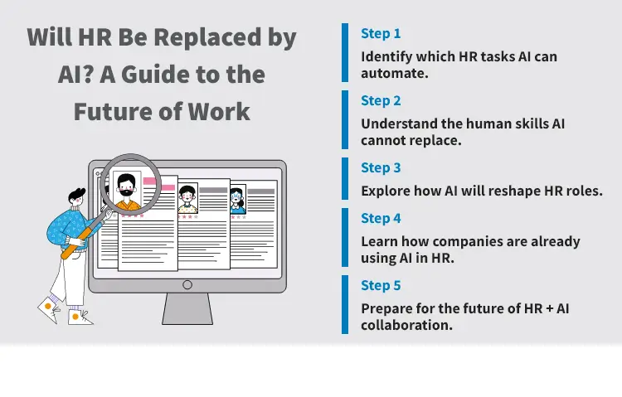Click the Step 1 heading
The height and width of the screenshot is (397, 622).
click(381, 34)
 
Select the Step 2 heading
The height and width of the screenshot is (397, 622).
click(381, 101)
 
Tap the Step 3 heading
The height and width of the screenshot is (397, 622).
click(381, 168)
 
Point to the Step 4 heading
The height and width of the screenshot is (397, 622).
click(381, 219)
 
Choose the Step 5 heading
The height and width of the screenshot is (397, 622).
click(381, 286)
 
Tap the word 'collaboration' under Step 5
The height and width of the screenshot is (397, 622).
click(406, 325)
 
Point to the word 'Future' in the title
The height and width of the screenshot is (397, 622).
click(113, 112)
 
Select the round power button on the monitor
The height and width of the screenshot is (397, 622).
click(187, 284)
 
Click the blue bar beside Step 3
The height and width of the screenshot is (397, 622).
click(345, 179)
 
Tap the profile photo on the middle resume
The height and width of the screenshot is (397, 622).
click(187, 198)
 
